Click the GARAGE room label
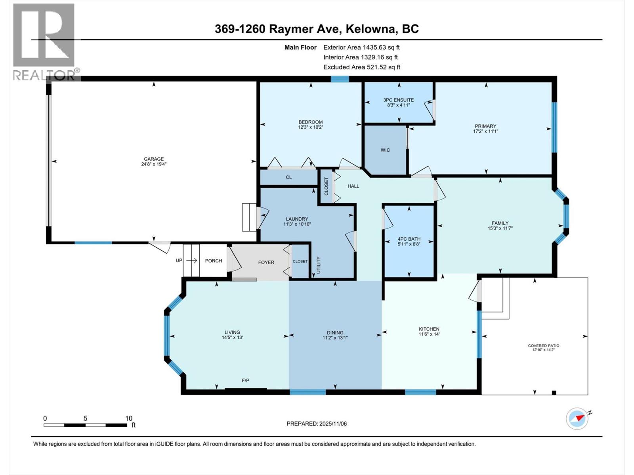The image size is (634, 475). point(153,159)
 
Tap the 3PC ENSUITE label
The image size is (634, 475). point(398,100)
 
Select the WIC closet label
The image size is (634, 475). point(385,150)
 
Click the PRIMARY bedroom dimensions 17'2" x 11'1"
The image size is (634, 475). point(485,131)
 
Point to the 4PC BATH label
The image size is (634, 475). point(409,239)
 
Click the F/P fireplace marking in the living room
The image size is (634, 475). point(246,380)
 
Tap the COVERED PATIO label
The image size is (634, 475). point(543,346)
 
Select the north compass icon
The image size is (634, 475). point(577,418)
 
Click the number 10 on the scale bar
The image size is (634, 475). point(128,418)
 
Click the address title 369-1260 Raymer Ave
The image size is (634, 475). point(317,29)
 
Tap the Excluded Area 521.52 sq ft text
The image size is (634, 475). point(361,67)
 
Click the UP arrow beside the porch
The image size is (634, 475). point(192,260)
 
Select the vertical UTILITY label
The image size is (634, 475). point(319,265)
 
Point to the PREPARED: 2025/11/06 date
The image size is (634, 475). point(317,424)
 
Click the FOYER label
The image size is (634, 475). point(266,262)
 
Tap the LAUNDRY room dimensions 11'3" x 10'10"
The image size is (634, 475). point(297,224)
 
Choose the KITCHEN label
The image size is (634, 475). point(429,329)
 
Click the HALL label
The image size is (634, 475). point(353,186)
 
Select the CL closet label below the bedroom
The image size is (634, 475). point(288,177)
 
